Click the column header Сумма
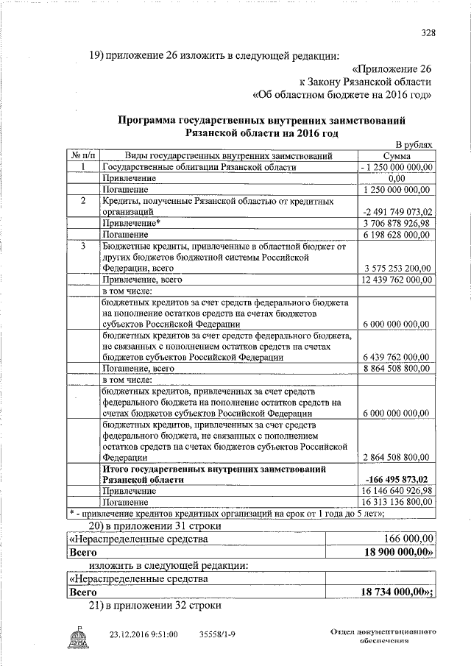click(x=397, y=156)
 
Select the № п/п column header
click(x=83, y=156)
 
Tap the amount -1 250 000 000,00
click(x=397, y=167)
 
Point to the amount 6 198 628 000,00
click(x=397, y=234)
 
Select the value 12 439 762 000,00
click(x=397, y=280)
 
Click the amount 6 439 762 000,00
click(x=397, y=357)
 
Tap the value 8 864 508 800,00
click(x=397, y=368)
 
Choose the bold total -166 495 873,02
click(x=397, y=479)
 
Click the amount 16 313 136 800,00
click(x=397, y=501)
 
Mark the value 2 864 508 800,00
click(x=397, y=457)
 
